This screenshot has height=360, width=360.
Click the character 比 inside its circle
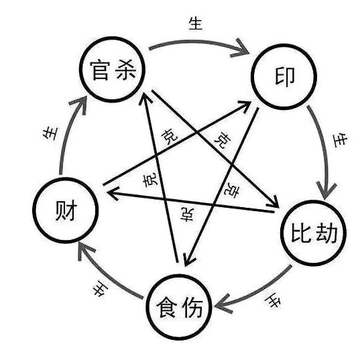299,233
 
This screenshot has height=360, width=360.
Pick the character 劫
325,233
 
